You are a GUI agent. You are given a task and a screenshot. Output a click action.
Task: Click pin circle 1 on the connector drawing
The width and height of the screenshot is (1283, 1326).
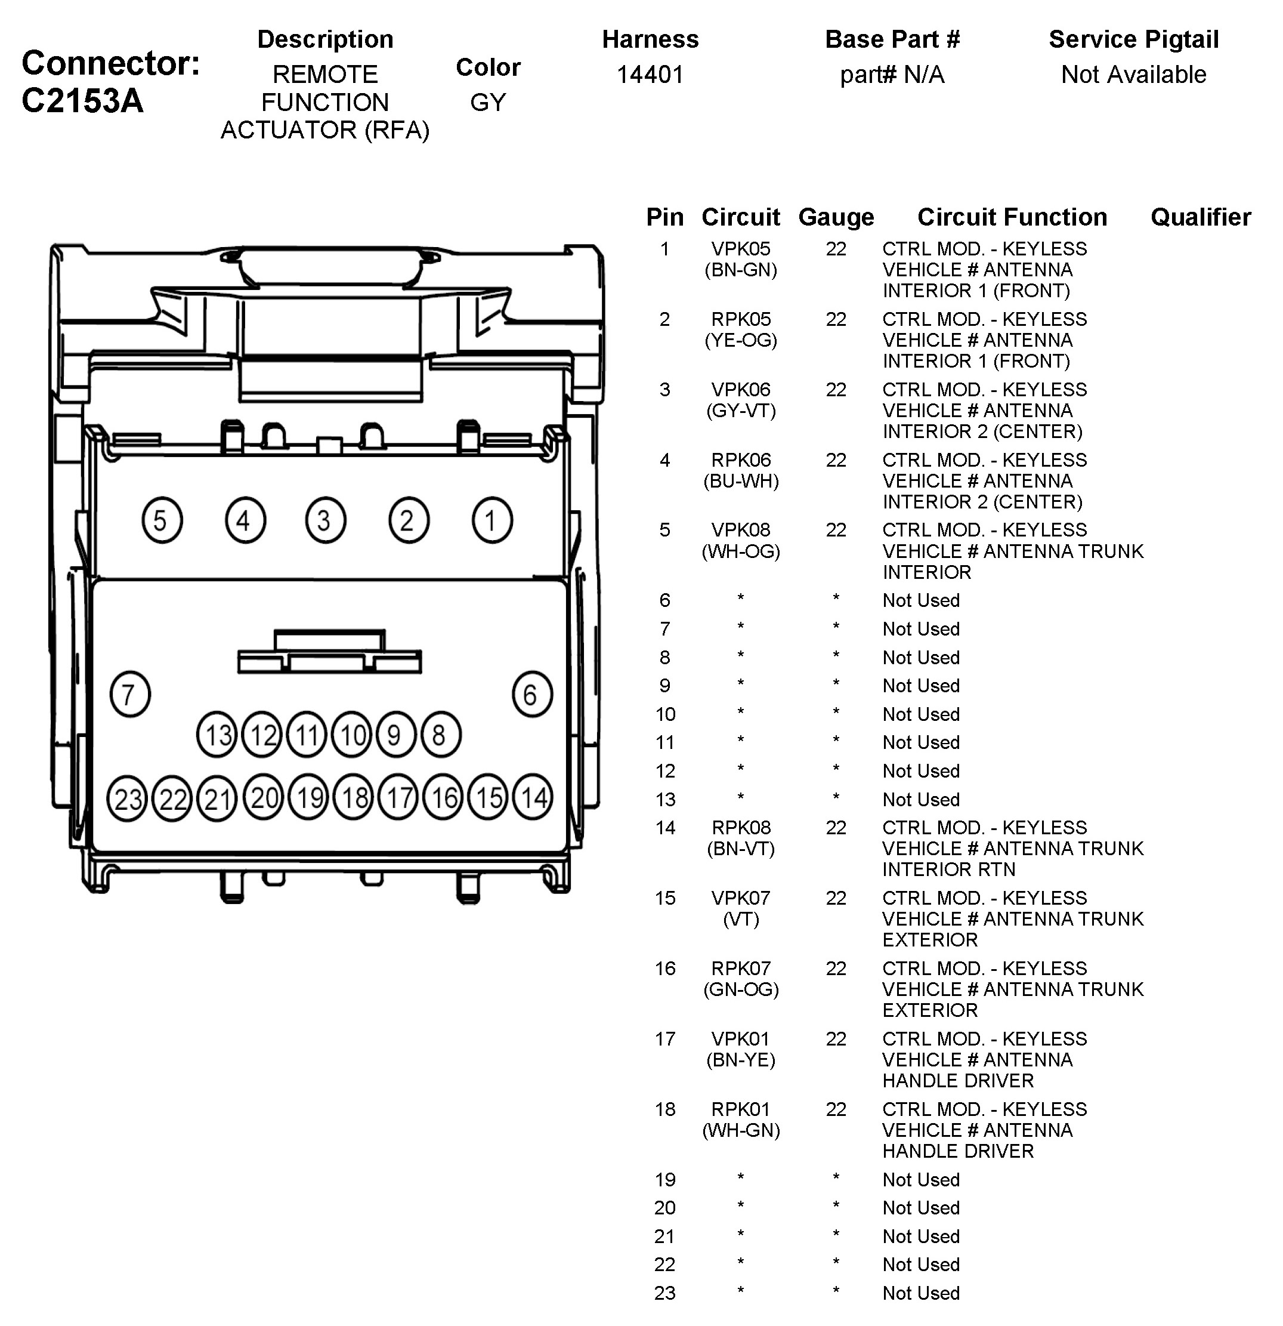491,520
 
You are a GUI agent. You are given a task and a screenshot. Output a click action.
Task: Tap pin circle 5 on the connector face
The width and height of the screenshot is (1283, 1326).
162,520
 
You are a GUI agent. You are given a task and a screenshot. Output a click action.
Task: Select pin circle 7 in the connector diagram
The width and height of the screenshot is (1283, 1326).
130,694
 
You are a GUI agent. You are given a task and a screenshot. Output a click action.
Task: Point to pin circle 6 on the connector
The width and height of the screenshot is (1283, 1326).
532,694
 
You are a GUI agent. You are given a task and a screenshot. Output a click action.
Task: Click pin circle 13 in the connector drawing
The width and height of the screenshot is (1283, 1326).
217,735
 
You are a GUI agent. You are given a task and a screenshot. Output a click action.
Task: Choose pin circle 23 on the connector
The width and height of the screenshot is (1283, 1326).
127,799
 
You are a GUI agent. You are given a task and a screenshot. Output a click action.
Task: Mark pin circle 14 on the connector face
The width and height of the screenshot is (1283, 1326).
533,798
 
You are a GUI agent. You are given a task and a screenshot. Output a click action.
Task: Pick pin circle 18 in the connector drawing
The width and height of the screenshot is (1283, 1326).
354,798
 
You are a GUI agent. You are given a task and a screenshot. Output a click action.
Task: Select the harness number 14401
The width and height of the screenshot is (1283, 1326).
650,75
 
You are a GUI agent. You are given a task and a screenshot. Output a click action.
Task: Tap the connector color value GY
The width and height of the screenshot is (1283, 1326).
488,102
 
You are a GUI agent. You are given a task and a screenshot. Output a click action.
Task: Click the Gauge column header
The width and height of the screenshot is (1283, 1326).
836,217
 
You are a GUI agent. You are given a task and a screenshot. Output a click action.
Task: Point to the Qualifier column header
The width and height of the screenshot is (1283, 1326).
1201,217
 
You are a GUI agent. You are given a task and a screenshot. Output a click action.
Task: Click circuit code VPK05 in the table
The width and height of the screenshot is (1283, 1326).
741,249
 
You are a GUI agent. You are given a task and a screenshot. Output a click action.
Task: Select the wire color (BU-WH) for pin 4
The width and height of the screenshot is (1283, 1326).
741,481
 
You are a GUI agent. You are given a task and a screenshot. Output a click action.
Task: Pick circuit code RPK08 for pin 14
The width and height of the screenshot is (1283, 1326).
741,827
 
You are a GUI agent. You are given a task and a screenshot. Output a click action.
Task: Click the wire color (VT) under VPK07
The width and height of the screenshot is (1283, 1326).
741,919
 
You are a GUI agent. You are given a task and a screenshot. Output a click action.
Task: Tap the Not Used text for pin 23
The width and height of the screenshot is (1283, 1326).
920,1293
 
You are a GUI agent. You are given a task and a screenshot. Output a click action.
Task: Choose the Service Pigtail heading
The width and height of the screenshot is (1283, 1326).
1133,39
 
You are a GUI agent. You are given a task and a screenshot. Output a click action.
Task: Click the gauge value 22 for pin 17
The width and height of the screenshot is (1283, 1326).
836,1038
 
